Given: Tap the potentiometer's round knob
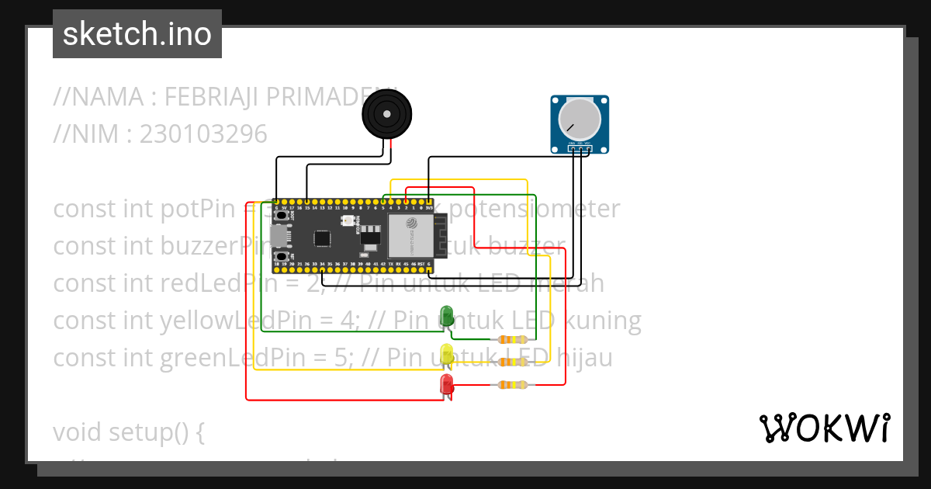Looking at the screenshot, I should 579,120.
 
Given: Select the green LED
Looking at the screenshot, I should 447,316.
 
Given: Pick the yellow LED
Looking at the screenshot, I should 446,355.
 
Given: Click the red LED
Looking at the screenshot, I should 446,383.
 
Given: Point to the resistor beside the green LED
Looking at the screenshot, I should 513,339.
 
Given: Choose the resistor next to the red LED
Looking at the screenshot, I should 513,384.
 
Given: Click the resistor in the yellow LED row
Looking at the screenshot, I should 513,362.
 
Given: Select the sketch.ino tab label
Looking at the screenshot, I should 137,34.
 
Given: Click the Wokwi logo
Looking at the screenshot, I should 823,428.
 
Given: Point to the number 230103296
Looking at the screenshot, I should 203,134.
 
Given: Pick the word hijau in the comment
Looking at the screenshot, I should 582,358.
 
